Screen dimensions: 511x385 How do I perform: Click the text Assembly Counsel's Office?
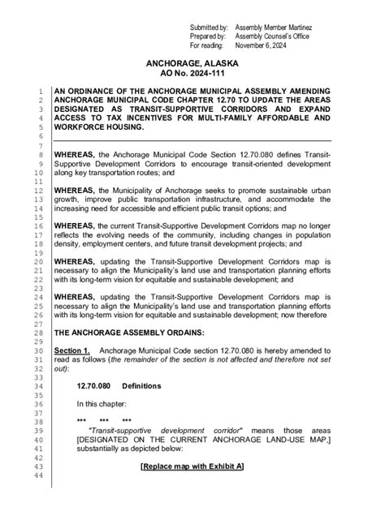coord(270,36)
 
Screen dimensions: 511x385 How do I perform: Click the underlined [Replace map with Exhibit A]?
coord(192,466)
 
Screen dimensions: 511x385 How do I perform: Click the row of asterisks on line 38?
coord(105,421)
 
